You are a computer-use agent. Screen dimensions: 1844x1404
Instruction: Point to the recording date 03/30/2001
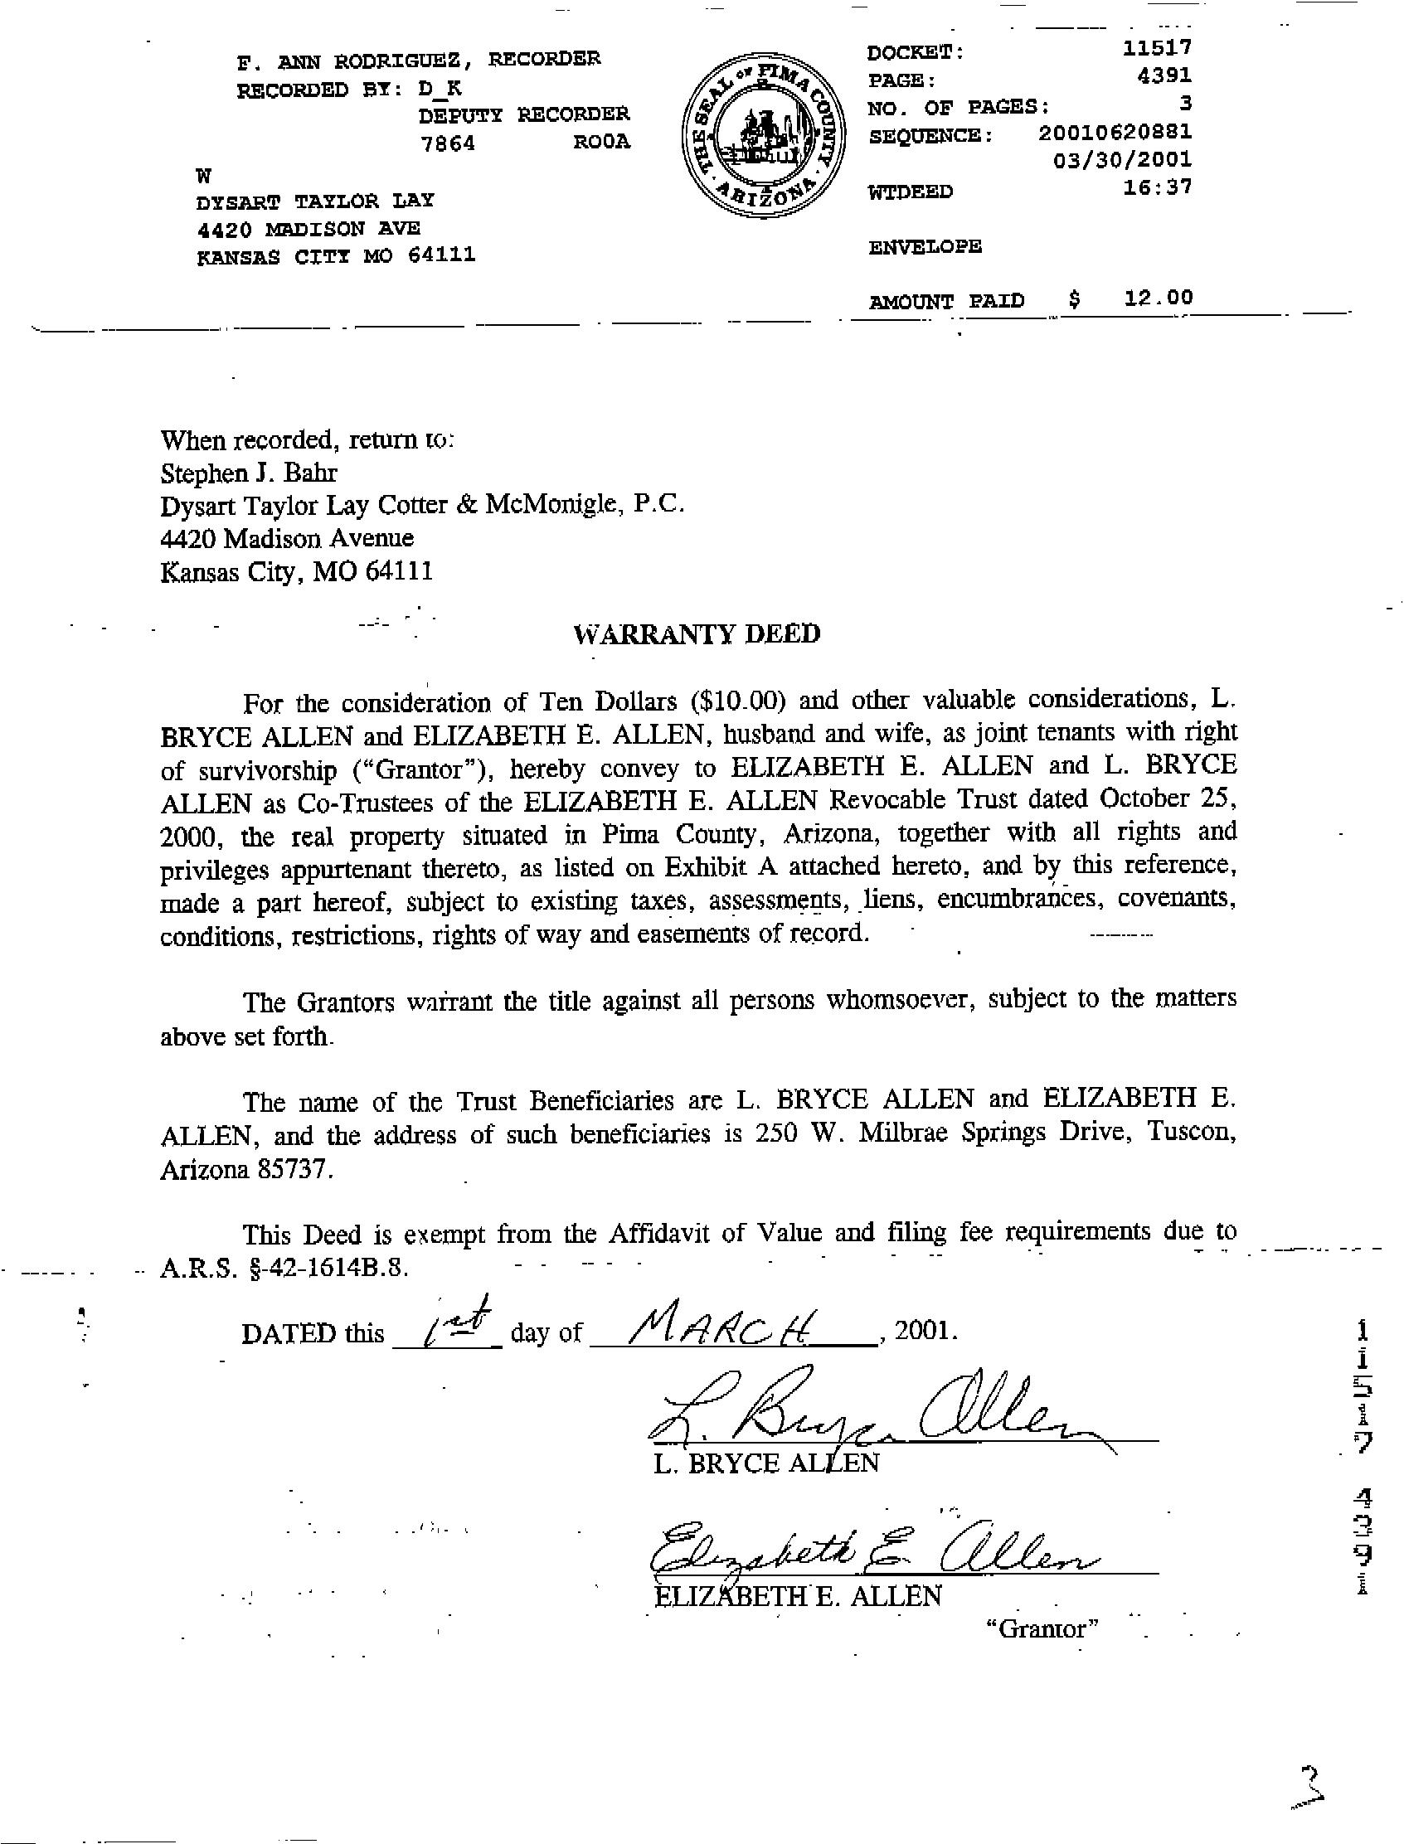point(1122,158)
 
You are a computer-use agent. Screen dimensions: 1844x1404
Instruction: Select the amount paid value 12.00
point(1158,298)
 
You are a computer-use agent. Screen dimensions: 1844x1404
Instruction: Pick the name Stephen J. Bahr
point(248,473)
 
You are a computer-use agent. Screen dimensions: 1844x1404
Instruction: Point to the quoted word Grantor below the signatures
point(1041,1628)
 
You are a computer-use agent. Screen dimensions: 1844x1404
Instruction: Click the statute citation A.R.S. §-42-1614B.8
point(284,1268)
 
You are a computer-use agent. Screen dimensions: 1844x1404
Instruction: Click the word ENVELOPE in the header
point(925,247)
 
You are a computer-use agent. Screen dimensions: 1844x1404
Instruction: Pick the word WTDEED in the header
point(910,192)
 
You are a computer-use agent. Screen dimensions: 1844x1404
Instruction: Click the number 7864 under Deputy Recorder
point(448,143)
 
